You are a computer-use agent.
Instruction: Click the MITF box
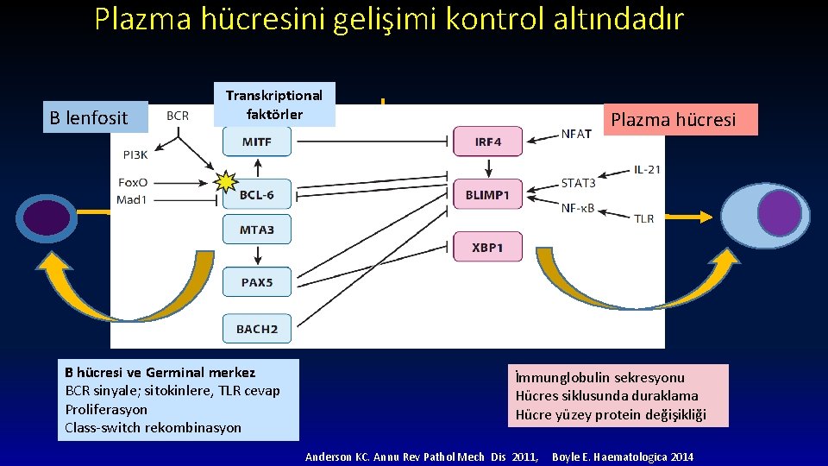pyautogui.click(x=257, y=142)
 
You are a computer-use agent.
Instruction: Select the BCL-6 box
pyautogui.click(x=257, y=195)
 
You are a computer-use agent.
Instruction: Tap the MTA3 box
pyautogui.click(x=257, y=229)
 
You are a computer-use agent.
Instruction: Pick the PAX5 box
pyautogui.click(x=257, y=282)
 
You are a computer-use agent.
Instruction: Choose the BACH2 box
pyautogui.click(x=257, y=328)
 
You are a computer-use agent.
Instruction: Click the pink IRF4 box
pyautogui.click(x=487, y=142)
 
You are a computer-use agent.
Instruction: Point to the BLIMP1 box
pyautogui.click(x=487, y=195)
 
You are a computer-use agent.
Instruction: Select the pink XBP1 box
pyautogui.click(x=487, y=248)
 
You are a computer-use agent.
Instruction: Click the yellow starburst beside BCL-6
pyautogui.click(x=225, y=182)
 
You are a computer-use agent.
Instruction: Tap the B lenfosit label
pyautogui.click(x=89, y=118)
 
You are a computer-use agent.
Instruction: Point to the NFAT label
pyautogui.click(x=576, y=134)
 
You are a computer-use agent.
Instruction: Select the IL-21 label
pyautogui.click(x=647, y=169)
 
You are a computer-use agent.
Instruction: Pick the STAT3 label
pyautogui.click(x=578, y=183)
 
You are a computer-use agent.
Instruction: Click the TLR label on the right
pyautogui.click(x=643, y=218)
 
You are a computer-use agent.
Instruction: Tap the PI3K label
pyautogui.click(x=135, y=155)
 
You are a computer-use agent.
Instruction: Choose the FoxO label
pyautogui.click(x=132, y=183)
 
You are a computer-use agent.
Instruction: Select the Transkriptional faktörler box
pyautogui.click(x=273, y=104)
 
